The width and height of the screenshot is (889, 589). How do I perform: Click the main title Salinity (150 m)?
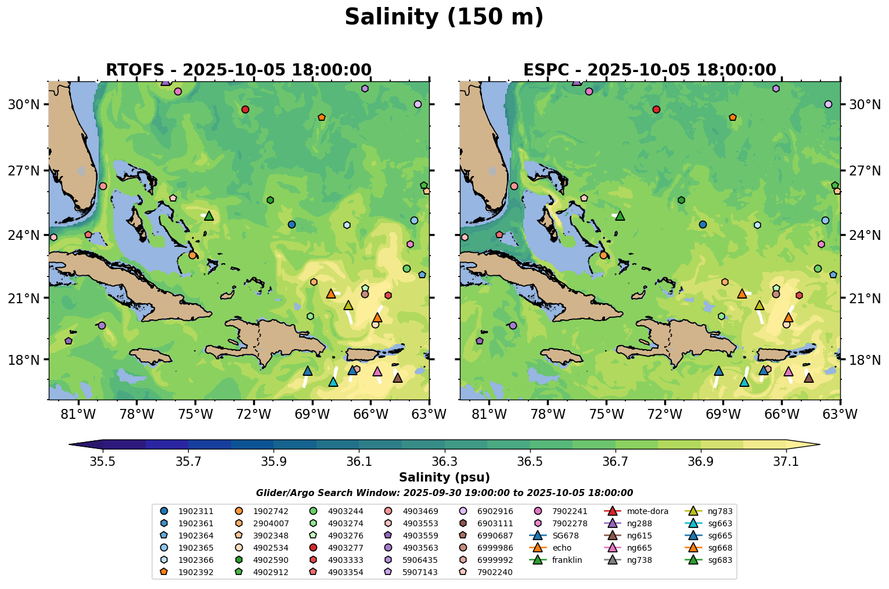pyautogui.click(x=444, y=17)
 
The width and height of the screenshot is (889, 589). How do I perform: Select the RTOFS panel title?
pyautogui.click(x=238, y=70)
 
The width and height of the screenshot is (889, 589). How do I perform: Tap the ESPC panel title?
pyautogui.click(x=649, y=70)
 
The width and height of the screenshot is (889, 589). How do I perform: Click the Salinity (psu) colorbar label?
pyautogui.click(x=444, y=477)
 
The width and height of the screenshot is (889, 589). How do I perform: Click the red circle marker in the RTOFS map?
pyautogui.click(x=245, y=109)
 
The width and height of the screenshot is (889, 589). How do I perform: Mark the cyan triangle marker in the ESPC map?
pyautogui.click(x=744, y=382)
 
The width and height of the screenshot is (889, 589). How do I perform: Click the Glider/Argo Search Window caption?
pyautogui.click(x=444, y=493)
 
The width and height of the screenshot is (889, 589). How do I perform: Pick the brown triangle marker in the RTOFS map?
pyautogui.click(x=398, y=378)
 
